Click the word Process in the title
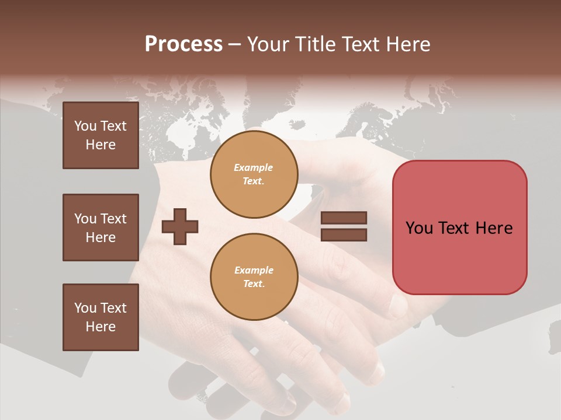pyautogui.click(x=183, y=44)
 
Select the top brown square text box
pyautogui.click(x=101, y=135)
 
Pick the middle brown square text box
pyautogui.click(x=101, y=228)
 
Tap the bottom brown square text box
pyautogui.click(x=101, y=317)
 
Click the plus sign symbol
pyautogui.click(x=180, y=226)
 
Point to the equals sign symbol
pyautogui.click(x=344, y=226)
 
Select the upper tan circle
pyautogui.click(x=254, y=174)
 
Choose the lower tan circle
pyautogui.click(x=254, y=277)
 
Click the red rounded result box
pyautogui.click(x=459, y=228)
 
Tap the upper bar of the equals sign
pyautogui.click(x=344, y=218)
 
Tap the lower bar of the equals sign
pyautogui.click(x=344, y=235)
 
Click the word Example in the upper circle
pyautogui.click(x=253, y=167)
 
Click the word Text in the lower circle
pyautogui.click(x=253, y=284)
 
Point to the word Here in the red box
pyautogui.click(x=494, y=228)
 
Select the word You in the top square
pyautogui.click(x=85, y=126)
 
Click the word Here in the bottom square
pyautogui.click(x=101, y=327)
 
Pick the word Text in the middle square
pyautogui.click(x=113, y=219)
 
